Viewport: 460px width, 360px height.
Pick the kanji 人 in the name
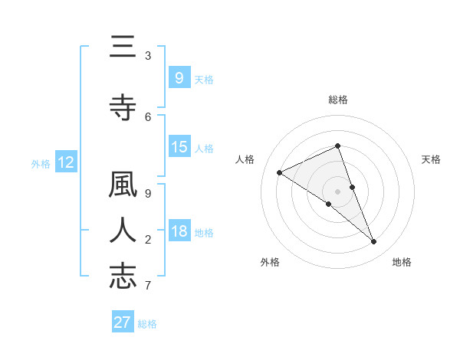pos(123,231)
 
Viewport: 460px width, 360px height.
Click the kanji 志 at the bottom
pos(123,277)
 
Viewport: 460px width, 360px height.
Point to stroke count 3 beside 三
pos(148,55)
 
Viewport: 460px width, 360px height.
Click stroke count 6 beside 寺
pos(148,116)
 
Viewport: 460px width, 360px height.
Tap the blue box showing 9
pos(179,77)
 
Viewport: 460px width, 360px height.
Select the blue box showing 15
pos(179,147)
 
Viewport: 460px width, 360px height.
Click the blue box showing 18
pos(179,231)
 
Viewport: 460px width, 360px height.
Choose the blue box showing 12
pos(66,162)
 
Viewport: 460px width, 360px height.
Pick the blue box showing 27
pos(122,322)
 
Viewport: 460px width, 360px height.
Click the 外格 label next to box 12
pos(41,163)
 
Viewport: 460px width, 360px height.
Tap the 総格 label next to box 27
pos(147,324)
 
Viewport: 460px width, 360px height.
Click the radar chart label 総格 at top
pos(337,100)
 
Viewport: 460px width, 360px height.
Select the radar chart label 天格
pos(432,159)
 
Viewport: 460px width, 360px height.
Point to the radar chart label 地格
pos(402,262)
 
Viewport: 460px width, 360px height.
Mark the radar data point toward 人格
pos(280,172)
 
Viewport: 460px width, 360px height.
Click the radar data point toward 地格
pos(373,241)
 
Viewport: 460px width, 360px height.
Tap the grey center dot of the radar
pos(337,191)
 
